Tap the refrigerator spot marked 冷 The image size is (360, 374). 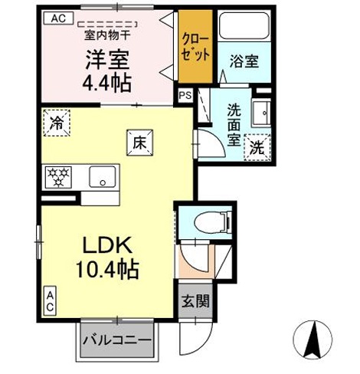tap(56, 123)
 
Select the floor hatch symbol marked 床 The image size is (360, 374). tap(140, 142)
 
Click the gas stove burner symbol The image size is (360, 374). tap(57, 176)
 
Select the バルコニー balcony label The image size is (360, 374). tap(116, 339)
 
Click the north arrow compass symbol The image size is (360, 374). tap(314, 341)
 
